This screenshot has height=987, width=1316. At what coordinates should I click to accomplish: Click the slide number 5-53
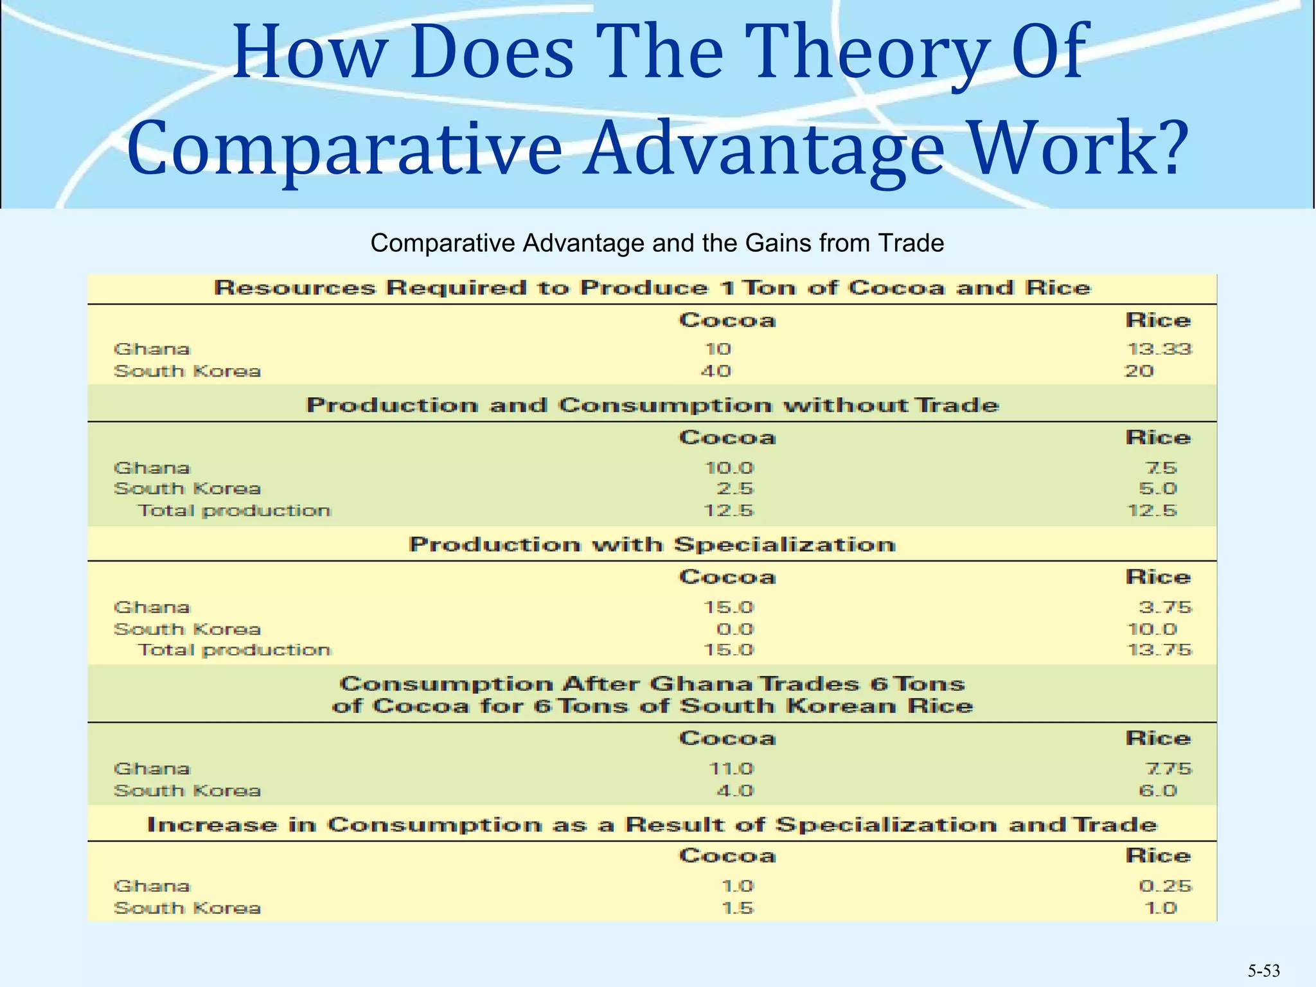tap(1263, 971)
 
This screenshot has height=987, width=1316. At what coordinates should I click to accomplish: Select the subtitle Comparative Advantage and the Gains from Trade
tap(657, 244)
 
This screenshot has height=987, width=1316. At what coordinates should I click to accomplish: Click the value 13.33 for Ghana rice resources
tap(1159, 349)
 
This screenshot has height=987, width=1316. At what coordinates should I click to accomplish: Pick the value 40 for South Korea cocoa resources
tap(716, 371)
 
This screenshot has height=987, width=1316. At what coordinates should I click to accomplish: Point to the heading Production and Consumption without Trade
tap(652, 405)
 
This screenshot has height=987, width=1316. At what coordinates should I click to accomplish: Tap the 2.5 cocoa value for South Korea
tap(735, 488)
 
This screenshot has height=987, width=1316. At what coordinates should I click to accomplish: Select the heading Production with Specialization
tap(652, 545)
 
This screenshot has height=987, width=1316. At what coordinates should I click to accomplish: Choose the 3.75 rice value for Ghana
tap(1165, 607)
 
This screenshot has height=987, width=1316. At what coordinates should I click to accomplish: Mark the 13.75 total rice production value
tap(1159, 650)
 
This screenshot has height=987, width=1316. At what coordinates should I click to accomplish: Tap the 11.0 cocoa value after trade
tap(731, 769)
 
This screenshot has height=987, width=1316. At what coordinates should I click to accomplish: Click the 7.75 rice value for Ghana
tap(1168, 769)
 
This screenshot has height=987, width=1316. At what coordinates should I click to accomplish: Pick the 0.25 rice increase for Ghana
tap(1165, 886)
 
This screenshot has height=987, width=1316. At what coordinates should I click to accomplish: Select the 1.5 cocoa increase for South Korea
tap(737, 908)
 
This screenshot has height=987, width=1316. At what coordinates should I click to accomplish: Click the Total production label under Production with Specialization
tap(235, 650)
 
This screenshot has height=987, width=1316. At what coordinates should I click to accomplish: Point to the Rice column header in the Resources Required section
tap(1158, 320)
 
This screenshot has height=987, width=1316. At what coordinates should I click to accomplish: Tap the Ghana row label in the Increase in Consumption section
tap(152, 886)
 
